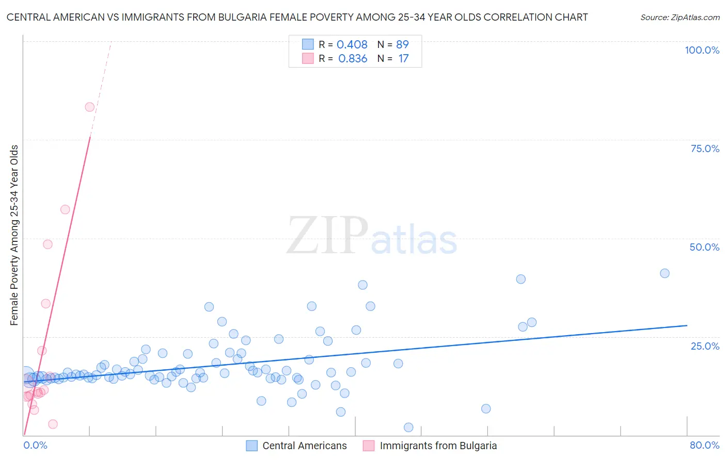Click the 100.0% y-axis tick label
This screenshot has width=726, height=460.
pos(702,50)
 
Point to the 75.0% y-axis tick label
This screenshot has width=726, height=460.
pos(705,149)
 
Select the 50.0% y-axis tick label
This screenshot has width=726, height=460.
pos(704,247)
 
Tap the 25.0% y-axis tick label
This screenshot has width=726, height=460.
pos(705,346)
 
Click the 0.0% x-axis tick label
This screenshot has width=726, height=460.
pos(36,445)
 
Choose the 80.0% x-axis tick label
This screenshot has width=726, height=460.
pos(704,445)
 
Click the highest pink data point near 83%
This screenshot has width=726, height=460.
pos(89,107)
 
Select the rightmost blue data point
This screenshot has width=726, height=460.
pos(665,273)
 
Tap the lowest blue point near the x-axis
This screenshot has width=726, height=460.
pos(408,427)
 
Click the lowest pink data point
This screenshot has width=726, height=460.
pos(53,424)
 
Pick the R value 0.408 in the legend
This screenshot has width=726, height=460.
pos(352,44)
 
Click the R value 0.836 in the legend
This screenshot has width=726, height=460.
pos(353,59)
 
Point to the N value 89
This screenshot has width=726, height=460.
pos(402,44)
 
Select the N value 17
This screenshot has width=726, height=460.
pos(403,59)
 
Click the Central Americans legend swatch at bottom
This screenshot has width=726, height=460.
pos(251,446)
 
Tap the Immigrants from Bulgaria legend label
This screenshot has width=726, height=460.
pos(438,446)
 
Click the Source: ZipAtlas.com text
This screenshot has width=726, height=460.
pos(680,18)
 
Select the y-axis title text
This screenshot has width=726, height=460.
pos(14,235)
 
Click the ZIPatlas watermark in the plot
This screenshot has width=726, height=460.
pos(372,236)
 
